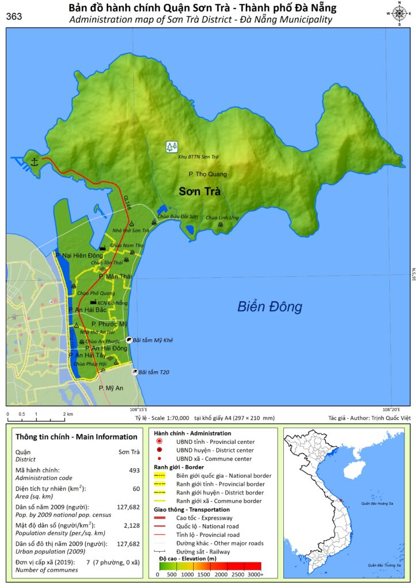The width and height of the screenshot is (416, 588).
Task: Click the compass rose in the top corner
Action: tap(398, 13)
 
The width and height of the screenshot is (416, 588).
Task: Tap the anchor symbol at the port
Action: tap(34, 161)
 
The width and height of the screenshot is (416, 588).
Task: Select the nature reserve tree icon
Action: tap(171, 146)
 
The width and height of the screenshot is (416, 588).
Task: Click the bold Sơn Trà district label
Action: tap(199, 191)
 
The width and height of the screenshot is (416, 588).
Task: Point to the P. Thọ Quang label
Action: tap(207, 174)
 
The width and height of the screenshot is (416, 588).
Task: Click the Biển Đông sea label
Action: tap(269, 307)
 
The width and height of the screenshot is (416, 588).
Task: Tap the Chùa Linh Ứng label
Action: tap(222, 218)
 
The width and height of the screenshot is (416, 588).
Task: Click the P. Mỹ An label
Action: tap(111, 388)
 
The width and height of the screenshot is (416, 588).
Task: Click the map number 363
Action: tap(14, 17)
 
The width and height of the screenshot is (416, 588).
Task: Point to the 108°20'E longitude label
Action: tap(391, 409)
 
